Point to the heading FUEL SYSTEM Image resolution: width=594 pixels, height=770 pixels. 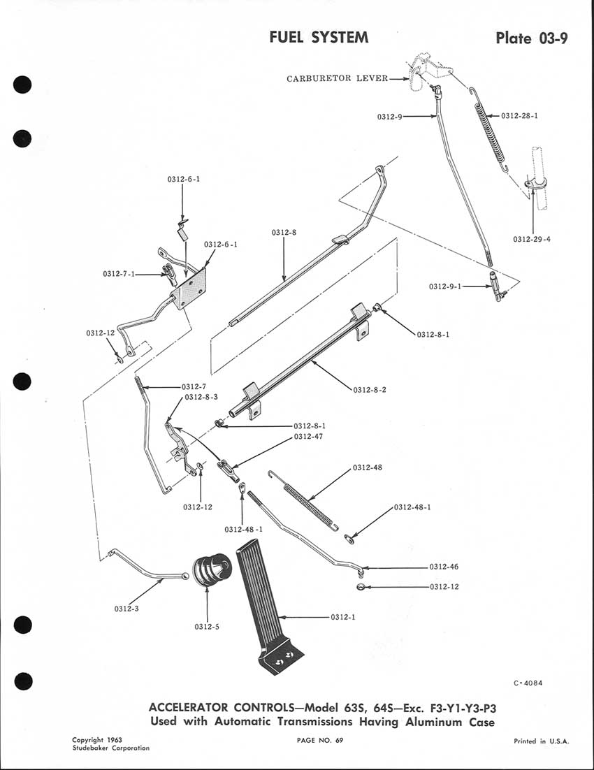[x=319, y=37]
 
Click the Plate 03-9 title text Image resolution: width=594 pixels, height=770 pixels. [x=531, y=38]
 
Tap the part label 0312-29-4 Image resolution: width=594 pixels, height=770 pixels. [x=531, y=239]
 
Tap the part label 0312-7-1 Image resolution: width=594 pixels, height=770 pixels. [x=119, y=275]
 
